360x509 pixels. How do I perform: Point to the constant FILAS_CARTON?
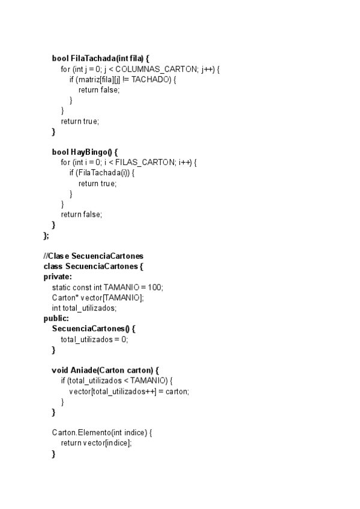(144, 163)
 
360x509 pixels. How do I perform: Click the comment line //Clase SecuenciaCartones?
(93, 256)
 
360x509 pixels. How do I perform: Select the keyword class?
(53, 266)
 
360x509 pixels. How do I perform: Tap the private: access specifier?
(58, 277)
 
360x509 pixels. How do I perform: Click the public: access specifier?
(56, 318)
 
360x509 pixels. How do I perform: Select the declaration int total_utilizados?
(84, 308)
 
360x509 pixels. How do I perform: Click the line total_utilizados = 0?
(94, 339)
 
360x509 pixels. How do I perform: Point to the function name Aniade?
(84, 370)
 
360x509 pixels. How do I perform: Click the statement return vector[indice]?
(96, 443)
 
